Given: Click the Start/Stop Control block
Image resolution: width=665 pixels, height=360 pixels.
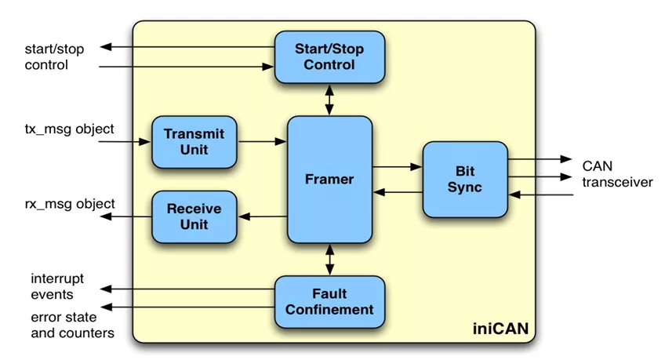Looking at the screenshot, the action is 329,56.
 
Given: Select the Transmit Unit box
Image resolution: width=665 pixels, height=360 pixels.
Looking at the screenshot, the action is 194,142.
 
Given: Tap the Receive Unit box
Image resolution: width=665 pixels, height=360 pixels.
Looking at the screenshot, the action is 194,216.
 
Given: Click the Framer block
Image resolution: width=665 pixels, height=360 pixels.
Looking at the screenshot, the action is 329,180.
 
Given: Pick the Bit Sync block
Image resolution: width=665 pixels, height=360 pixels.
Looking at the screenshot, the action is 465,180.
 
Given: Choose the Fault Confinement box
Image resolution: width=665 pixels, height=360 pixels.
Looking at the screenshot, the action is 329,302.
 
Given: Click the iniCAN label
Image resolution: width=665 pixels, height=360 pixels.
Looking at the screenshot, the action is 500,329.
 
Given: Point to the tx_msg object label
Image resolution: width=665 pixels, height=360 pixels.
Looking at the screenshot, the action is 69,129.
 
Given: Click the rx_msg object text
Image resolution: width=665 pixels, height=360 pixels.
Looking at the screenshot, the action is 70,204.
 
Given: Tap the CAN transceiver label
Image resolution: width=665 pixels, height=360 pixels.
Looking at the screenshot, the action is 617,174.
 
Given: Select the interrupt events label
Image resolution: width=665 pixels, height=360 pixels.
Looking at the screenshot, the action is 57,286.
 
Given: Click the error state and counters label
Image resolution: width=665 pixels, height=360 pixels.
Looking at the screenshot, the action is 72,325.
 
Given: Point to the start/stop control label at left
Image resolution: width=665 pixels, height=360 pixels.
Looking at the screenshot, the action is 54,56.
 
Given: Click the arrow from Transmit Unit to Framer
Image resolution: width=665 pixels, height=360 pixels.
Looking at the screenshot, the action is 262,142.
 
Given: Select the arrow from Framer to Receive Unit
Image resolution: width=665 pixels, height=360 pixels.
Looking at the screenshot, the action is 262,216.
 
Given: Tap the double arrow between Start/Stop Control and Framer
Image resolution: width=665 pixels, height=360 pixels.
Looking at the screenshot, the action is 329,100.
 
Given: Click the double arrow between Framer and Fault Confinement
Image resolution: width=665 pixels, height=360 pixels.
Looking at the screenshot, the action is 329,260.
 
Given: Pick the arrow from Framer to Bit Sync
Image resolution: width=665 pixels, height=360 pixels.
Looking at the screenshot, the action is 398,166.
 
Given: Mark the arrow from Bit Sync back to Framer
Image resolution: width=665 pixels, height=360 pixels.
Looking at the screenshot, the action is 398,192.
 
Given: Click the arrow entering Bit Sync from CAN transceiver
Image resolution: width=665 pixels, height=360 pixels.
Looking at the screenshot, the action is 541,195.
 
